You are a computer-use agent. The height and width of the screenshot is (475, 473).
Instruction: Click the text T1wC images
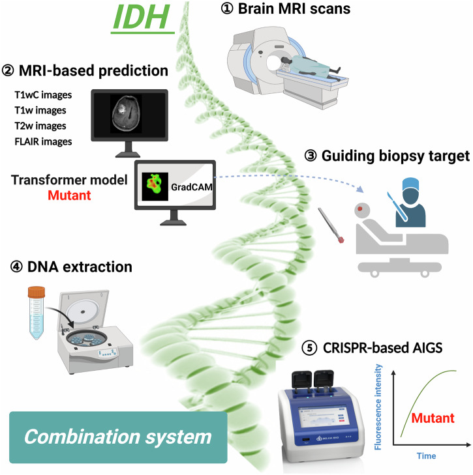44,94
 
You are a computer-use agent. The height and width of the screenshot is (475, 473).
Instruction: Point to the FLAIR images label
44,141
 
